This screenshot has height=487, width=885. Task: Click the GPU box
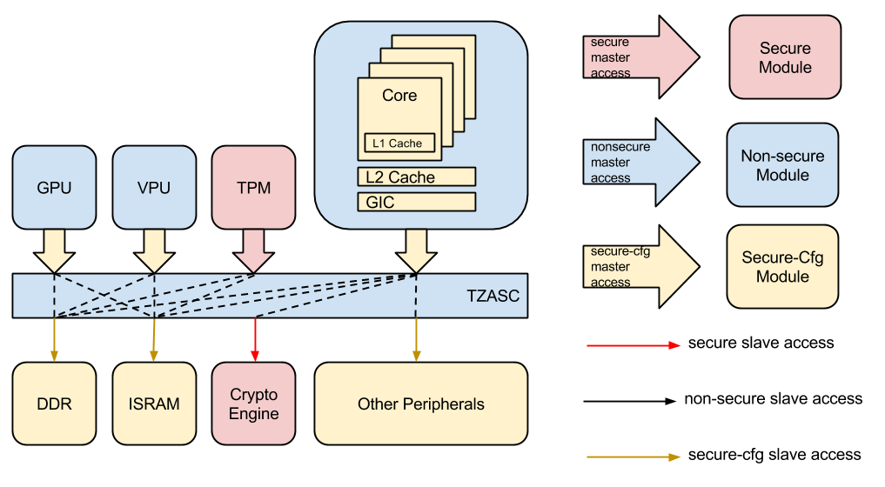[54, 188]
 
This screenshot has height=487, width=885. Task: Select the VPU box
[154, 188]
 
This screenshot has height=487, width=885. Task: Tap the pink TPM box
[254, 188]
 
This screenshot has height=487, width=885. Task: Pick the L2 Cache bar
[416, 177]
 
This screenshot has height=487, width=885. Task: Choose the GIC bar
[416, 203]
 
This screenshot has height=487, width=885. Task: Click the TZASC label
[493, 297]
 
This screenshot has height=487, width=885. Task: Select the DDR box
[54, 404]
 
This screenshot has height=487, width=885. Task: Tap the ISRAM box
[154, 404]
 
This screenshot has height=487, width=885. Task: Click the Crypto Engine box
[254, 404]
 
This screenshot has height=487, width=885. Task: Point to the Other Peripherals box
[420, 404]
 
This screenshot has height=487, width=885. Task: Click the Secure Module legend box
[785, 57]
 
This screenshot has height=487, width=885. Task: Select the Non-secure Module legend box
[782, 165]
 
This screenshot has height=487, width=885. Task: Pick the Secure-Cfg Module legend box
[782, 267]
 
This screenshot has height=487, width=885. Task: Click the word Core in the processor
[399, 96]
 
